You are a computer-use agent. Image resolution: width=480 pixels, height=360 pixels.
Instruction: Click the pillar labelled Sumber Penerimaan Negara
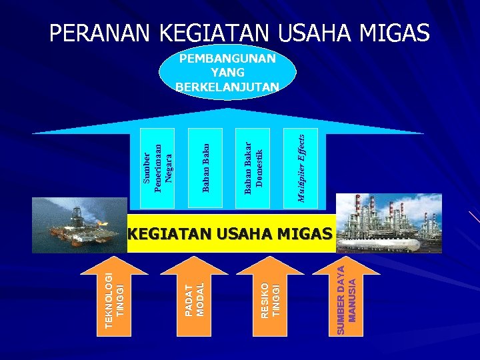[158, 167]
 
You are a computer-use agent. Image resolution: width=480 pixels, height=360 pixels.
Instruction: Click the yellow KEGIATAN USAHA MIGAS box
[229, 233]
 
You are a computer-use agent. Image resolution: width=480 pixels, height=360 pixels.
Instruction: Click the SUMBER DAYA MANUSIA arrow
[347, 297]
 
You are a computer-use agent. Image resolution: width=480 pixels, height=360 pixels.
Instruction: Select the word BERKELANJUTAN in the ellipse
[227, 85]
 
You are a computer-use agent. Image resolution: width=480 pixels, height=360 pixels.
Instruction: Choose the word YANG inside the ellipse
[227, 72]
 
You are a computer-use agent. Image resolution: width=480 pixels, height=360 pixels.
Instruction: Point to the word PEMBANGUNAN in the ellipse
[227, 59]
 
